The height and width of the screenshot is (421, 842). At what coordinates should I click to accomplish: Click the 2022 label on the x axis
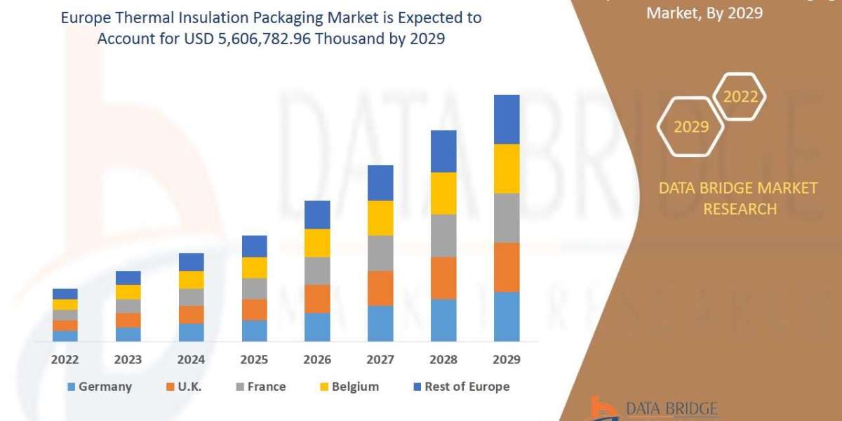(x=65, y=359)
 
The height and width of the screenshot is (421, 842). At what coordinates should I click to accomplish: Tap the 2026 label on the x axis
(x=317, y=359)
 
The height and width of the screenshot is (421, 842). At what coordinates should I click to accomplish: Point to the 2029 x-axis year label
(x=507, y=359)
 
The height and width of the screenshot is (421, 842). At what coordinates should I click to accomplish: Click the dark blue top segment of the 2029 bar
(x=507, y=119)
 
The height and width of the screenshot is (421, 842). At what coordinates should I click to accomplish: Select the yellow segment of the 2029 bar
(x=507, y=168)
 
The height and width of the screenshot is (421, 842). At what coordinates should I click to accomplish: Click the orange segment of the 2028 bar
(x=443, y=278)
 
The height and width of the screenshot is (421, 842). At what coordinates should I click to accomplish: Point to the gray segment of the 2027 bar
(x=380, y=253)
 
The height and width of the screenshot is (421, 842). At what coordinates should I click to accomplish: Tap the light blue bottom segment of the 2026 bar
(x=317, y=327)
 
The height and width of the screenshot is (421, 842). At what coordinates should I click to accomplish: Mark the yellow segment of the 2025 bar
(x=254, y=267)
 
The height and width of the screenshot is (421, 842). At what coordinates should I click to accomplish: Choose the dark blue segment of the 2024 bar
(x=191, y=262)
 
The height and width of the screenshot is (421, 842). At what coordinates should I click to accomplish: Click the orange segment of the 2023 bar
(x=128, y=320)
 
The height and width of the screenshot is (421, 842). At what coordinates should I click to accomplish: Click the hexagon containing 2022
(x=740, y=97)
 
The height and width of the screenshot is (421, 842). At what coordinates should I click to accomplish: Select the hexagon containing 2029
(x=690, y=127)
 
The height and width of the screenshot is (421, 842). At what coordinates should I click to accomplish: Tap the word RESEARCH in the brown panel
(x=740, y=209)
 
